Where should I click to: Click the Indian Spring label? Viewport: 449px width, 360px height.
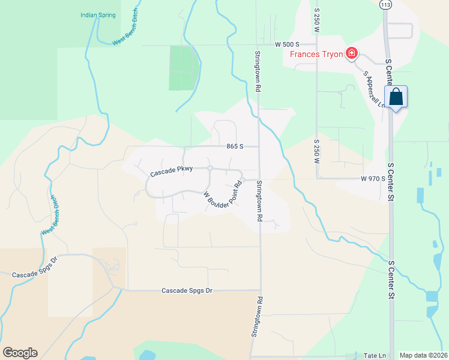[x=98, y=15]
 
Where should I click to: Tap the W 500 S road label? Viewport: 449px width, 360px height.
[x=287, y=44]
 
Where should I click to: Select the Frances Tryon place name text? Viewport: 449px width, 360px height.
[x=316, y=55]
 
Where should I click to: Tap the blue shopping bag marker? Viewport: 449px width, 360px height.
[x=396, y=97]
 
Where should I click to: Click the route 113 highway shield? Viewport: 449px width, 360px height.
[x=385, y=5]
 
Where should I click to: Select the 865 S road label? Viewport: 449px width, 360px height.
[x=235, y=146]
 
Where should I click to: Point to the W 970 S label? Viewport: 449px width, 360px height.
[x=373, y=178]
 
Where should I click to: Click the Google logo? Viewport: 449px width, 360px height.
[x=20, y=353]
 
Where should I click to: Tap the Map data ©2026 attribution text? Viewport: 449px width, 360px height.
[x=423, y=355]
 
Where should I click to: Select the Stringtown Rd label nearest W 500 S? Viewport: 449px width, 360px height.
[x=257, y=71]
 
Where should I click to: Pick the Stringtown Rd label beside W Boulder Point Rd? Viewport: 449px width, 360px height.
[x=260, y=202]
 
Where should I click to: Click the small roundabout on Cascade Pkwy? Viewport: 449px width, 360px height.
[x=209, y=168]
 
